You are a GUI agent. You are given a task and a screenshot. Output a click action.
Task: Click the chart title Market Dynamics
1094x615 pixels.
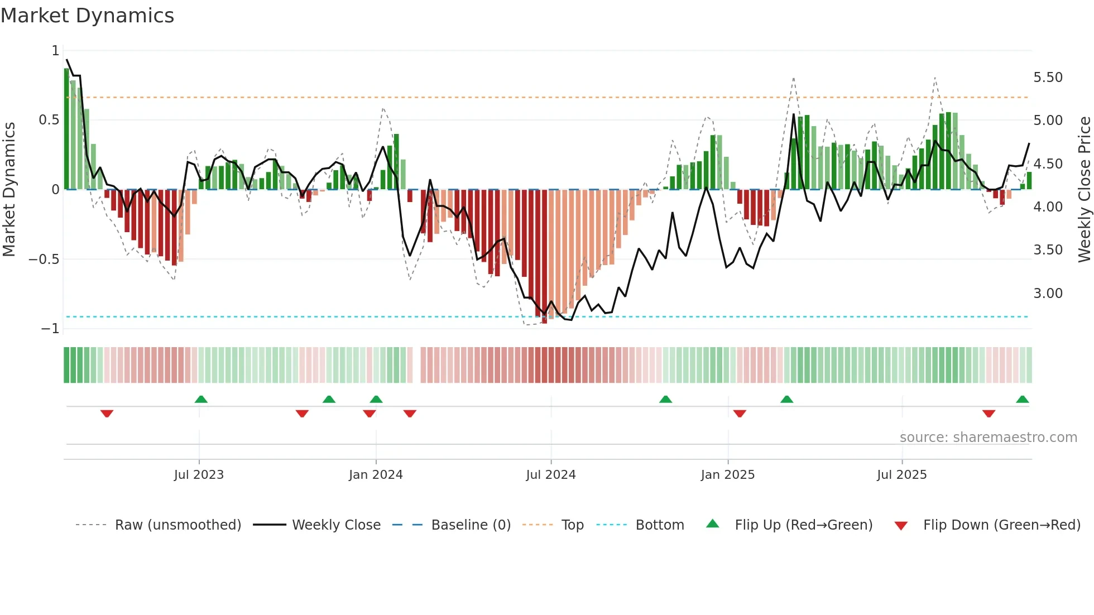pyautogui.click(x=87, y=16)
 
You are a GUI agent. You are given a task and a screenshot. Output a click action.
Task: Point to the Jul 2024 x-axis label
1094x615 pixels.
pyautogui.click(x=550, y=475)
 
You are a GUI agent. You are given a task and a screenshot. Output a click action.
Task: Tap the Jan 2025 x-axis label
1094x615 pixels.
pyautogui.click(x=727, y=475)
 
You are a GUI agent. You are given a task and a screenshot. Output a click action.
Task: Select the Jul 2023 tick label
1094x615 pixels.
pyautogui.click(x=199, y=475)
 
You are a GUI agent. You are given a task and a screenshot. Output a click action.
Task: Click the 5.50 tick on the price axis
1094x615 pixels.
pyautogui.click(x=1048, y=78)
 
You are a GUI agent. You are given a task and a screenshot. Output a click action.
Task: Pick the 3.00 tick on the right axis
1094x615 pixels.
pyautogui.click(x=1048, y=294)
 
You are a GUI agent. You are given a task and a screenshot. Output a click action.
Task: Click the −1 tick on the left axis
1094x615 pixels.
pyautogui.click(x=50, y=329)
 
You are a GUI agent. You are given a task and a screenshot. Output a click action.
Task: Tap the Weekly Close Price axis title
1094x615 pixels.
pyautogui.click(x=1084, y=190)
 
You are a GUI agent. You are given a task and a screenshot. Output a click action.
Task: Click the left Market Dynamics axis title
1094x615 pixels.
pyautogui.click(x=9, y=190)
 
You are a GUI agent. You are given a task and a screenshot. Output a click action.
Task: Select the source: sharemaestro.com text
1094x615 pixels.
pyautogui.click(x=988, y=438)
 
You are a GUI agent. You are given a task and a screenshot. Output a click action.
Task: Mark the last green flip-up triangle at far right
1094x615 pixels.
pyautogui.click(x=1022, y=400)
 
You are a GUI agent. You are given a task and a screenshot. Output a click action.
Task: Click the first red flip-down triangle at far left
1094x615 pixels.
pyautogui.click(x=107, y=414)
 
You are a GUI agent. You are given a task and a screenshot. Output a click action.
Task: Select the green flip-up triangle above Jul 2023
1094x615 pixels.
pyautogui.click(x=201, y=400)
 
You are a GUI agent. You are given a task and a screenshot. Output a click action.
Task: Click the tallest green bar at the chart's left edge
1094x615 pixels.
pyautogui.click(x=66, y=129)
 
